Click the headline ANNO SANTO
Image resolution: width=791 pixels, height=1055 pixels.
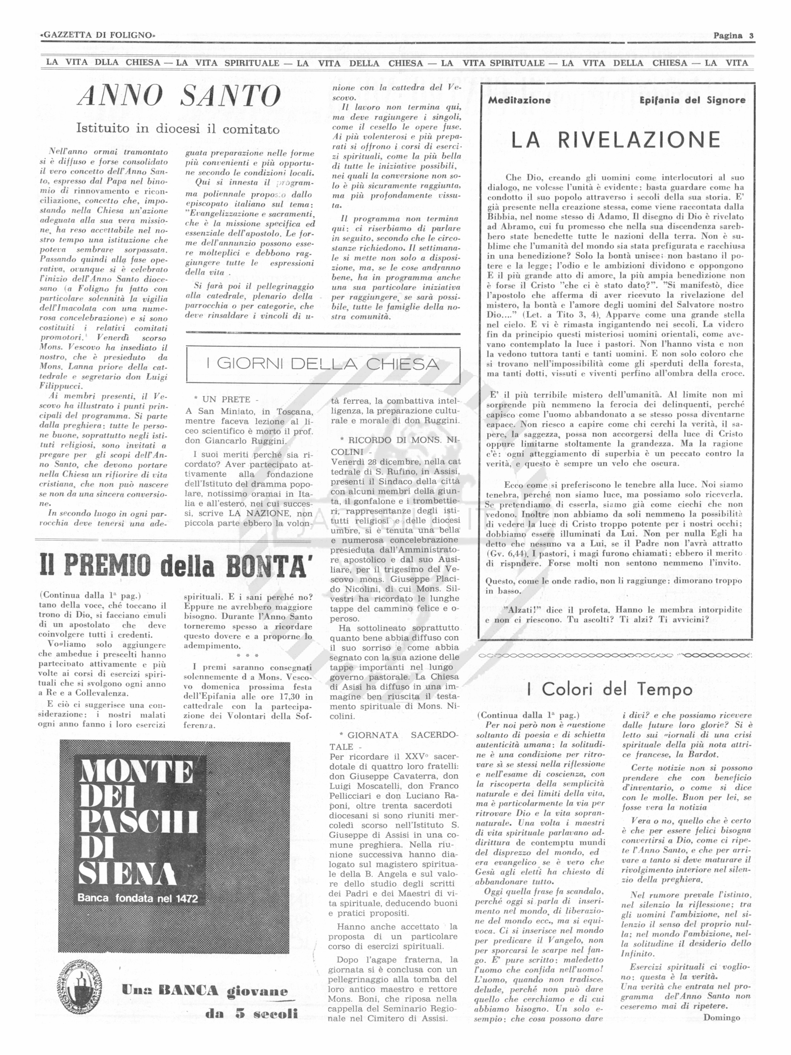(179, 96)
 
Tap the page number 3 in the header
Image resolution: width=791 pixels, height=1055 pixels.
(751, 35)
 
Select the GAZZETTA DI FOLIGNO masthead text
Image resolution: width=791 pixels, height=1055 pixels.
(98, 35)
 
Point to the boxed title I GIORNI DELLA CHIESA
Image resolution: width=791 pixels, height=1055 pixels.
(323, 364)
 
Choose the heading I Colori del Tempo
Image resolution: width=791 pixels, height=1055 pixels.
(610, 689)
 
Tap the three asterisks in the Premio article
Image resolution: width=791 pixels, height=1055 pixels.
(248, 656)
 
